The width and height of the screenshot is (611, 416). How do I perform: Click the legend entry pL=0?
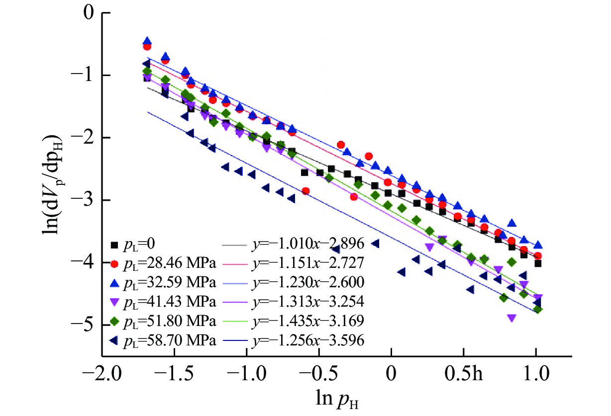click(x=134, y=244)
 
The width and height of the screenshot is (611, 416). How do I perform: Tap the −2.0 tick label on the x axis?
click(x=101, y=371)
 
